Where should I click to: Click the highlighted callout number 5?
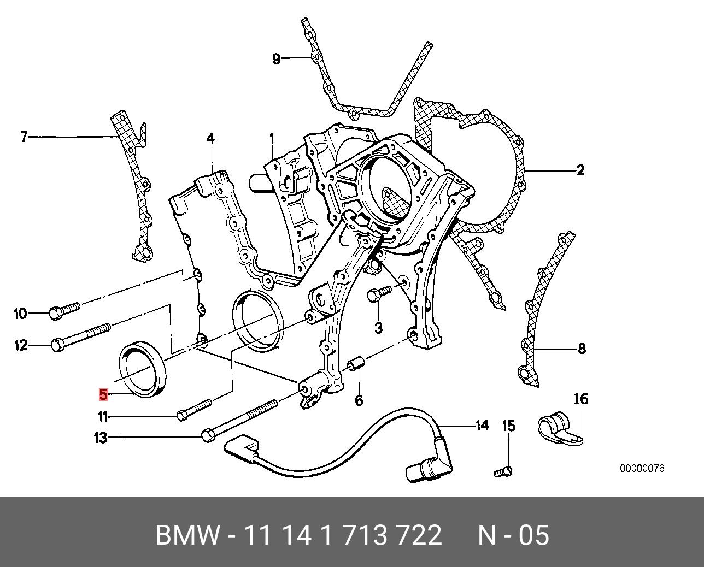coord(103,394)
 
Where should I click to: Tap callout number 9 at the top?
coord(276,58)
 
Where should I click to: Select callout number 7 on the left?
coord(24,137)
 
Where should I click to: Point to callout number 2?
coord(580,170)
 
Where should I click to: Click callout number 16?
coord(580,399)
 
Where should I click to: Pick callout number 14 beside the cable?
coord(482,425)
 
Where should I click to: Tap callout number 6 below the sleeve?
coord(359,400)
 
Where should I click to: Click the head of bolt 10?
coord(56,312)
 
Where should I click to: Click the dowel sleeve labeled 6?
coord(355,363)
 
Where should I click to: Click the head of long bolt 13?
coord(208,436)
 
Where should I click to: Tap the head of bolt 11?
coord(183,416)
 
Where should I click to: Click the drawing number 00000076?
coord(642,469)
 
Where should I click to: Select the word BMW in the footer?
coord(188,535)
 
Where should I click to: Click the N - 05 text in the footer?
coord(513,535)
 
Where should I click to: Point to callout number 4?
coord(210,139)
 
